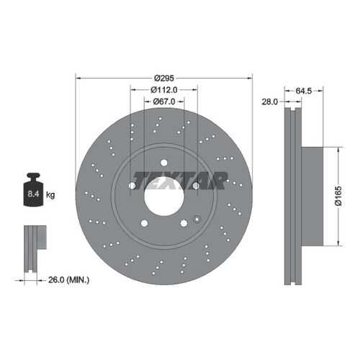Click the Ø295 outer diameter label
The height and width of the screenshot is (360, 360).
click(x=164, y=78)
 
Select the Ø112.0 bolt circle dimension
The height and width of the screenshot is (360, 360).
click(x=164, y=90)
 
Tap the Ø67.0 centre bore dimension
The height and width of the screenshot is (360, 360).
click(x=164, y=102)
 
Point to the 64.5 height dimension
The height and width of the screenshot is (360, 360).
click(x=304, y=91)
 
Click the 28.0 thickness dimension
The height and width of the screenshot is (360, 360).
click(x=269, y=102)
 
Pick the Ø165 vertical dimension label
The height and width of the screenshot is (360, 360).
click(x=338, y=196)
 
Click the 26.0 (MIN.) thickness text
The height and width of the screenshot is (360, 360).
click(x=69, y=280)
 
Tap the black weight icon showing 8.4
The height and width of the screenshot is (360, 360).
click(x=33, y=189)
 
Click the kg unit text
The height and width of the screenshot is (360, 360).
click(x=50, y=194)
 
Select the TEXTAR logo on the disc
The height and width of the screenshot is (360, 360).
click(x=180, y=181)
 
